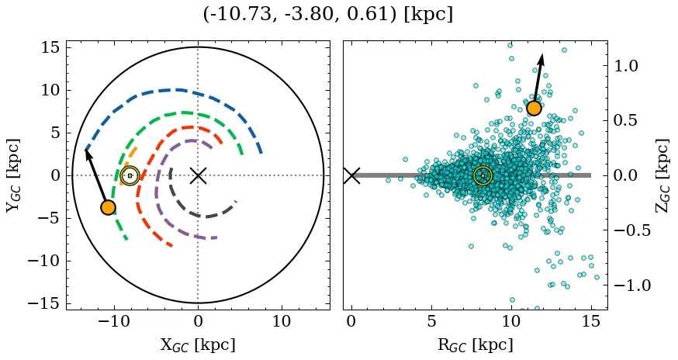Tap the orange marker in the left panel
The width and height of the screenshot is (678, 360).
click(x=108, y=207)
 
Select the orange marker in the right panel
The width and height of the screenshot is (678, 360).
click(x=534, y=108)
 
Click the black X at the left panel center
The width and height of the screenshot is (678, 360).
click(x=198, y=175)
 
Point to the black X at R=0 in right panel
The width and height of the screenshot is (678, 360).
click(x=351, y=175)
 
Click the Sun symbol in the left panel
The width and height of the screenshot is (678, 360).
click(x=130, y=175)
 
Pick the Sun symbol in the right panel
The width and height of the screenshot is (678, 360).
click(x=483, y=175)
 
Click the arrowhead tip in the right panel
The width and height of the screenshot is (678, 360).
click(x=541, y=54)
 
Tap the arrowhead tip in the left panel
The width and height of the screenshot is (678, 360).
click(x=86, y=149)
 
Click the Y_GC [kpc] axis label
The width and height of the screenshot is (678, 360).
click(x=13, y=175)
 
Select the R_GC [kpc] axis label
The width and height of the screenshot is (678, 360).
click(x=474, y=344)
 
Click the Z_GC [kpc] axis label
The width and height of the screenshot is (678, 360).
click(x=661, y=175)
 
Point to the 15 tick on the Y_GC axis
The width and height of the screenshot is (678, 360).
click(x=50, y=48)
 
